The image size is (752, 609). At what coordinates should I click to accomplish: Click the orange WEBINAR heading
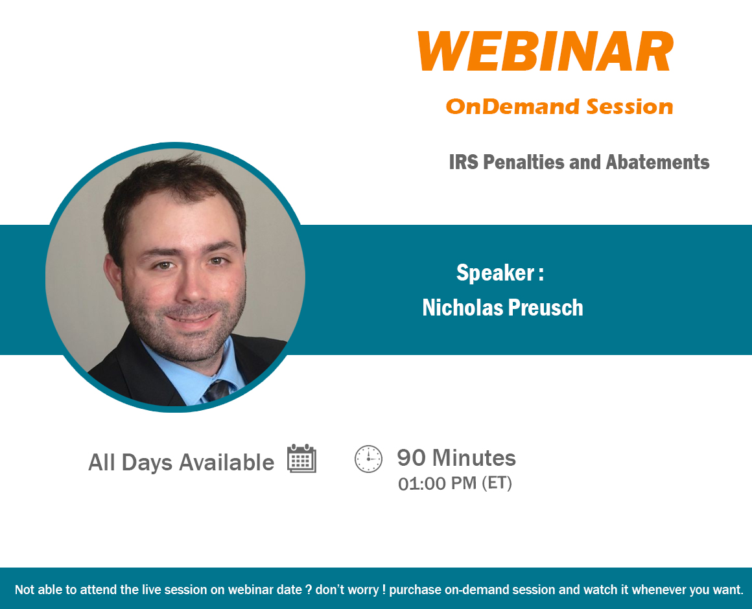(x=546, y=51)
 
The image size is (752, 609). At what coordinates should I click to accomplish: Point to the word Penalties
(x=524, y=162)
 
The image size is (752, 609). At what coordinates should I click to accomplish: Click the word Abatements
(x=657, y=162)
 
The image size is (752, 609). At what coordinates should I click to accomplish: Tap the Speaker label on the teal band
(x=500, y=273)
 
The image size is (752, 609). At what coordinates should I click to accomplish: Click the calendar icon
(x=301, y=459)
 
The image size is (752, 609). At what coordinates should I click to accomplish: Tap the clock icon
(x=368, y=459)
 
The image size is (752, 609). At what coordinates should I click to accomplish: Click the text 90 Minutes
(x=456, y=457)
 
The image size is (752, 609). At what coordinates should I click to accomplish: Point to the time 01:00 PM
(x=438, y=483)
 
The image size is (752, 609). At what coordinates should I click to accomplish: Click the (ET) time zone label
(x=497, y=483)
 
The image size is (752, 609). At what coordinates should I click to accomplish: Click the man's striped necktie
(x=218, y=391)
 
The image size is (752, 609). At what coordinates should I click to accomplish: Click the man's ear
(x=113, y=279)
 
